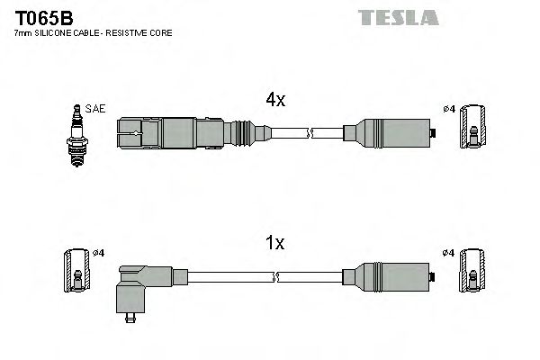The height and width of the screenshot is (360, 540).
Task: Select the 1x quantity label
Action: click(x=274, y=243)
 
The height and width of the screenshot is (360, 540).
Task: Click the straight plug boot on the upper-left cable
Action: click(x=171, y=134)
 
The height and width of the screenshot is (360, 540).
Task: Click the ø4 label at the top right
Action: click(x=448, y=110)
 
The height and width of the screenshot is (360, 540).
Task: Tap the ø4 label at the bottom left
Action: click(x=99, y=252)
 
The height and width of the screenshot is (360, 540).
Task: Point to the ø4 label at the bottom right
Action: click(x=448, y=252)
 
